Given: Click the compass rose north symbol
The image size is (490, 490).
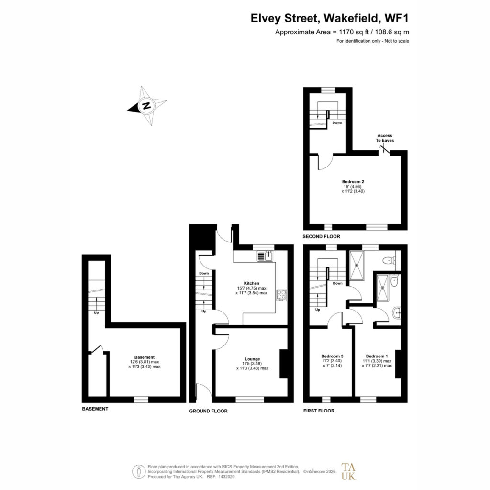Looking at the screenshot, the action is coord(146,105).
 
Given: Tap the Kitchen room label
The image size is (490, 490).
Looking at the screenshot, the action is coord(252,283).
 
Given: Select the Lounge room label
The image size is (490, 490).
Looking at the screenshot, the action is coord(252,359).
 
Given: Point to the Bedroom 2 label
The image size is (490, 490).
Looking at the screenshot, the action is coord(353,181).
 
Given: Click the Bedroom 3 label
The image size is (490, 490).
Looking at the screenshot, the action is coord(332,356).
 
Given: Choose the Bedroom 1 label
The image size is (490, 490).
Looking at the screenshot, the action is coord(377,356).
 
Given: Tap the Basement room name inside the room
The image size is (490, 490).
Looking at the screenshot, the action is coord(145,357).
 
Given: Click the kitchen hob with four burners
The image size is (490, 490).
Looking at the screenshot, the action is coord(281,295).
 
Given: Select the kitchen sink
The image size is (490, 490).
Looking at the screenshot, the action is coord(265,256).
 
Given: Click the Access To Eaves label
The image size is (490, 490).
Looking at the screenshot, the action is coord(385,138).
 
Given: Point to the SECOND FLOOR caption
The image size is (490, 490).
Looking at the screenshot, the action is coord(321,236).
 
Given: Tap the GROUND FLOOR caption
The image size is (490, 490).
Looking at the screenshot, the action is coord(209,411).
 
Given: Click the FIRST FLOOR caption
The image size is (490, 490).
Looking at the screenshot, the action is coord(319,411).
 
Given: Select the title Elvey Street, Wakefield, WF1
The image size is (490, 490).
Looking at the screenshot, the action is coord(330,18).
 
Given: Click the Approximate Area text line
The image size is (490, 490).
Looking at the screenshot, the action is coord(342,32).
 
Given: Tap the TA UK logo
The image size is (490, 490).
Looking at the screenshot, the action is coord(349,471).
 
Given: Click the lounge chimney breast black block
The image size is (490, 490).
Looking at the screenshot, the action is coord(283,364).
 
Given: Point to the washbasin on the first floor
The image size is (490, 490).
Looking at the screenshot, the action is coord(397,312).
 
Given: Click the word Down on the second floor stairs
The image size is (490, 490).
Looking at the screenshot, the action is coord(337,123).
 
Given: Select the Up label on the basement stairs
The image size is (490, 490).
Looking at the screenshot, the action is coord(96,312).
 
